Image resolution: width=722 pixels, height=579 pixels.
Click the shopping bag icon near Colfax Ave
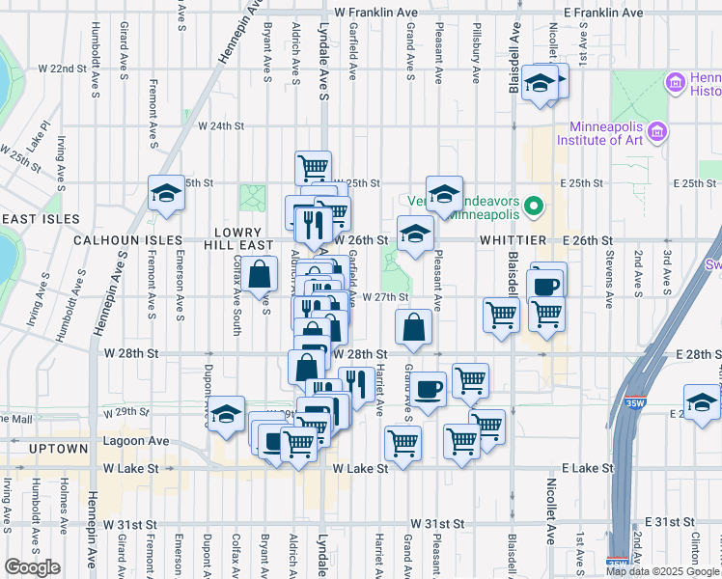point(261,274)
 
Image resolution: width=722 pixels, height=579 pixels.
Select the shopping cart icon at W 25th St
point(313,168)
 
